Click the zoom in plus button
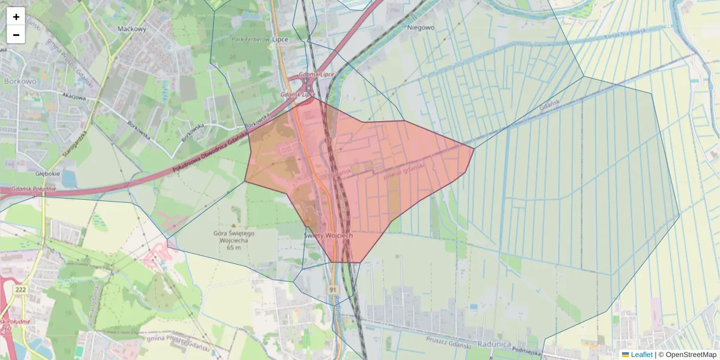(16, 16)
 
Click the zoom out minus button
(16, 35)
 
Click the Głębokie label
(47, 173)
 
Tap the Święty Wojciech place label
(328, 236)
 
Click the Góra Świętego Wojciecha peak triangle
(234, 226)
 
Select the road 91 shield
(334, 290)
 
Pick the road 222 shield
(21, 290)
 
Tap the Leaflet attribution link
(641, 355)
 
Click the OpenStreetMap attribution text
(691, 355)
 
